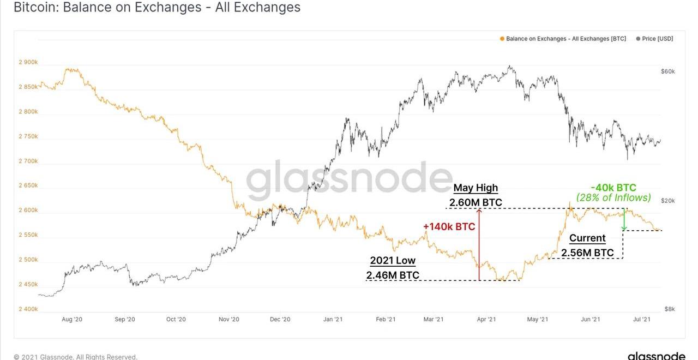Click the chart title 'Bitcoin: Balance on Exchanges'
point(157,8)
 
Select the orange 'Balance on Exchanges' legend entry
point(563,39)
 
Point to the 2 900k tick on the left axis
point(28,62)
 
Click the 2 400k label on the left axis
point(28,309)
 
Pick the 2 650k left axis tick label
point(28,185)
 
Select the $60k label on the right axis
point(667,71)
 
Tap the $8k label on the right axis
point(669,309)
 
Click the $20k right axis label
point(667,201)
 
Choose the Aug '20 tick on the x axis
point(72,320)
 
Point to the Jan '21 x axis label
point(333,320)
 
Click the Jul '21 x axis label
point(641,320)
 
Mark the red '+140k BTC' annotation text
point(449,227)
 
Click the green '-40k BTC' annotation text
point(613,188)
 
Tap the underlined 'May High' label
point(476,188)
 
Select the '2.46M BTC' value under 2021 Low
point(393,275)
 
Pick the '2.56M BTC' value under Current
point(587,253)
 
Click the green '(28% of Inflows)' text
point(613,198)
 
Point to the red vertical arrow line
point(479,245)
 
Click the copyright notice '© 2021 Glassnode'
point(75,357)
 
